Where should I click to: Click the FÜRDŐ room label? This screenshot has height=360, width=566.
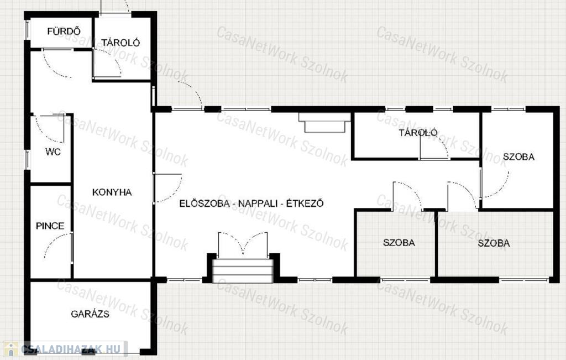pos(64,32)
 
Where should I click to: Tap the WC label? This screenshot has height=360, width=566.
pos(53,152)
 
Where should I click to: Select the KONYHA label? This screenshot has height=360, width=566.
pos(112,192)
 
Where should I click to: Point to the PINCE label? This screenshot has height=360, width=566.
pos(50,226)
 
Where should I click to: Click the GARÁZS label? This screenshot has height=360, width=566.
pos(90,314)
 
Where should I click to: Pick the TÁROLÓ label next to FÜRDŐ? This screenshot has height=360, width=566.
pos(120,43)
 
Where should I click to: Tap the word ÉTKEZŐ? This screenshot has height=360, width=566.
pos(305,204)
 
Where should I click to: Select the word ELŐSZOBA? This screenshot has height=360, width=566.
pos(205,204)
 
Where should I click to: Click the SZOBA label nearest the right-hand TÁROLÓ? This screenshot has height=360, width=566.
pos(518,156)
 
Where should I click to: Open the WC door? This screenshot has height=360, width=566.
pos(50,128)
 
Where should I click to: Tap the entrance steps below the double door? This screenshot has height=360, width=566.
pos(243,270)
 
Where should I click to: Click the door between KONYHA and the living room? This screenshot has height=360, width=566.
pos(167,188)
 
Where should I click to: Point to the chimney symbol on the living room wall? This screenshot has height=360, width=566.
pos(324,122)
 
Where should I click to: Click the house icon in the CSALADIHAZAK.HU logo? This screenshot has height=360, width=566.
pos(11,349)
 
